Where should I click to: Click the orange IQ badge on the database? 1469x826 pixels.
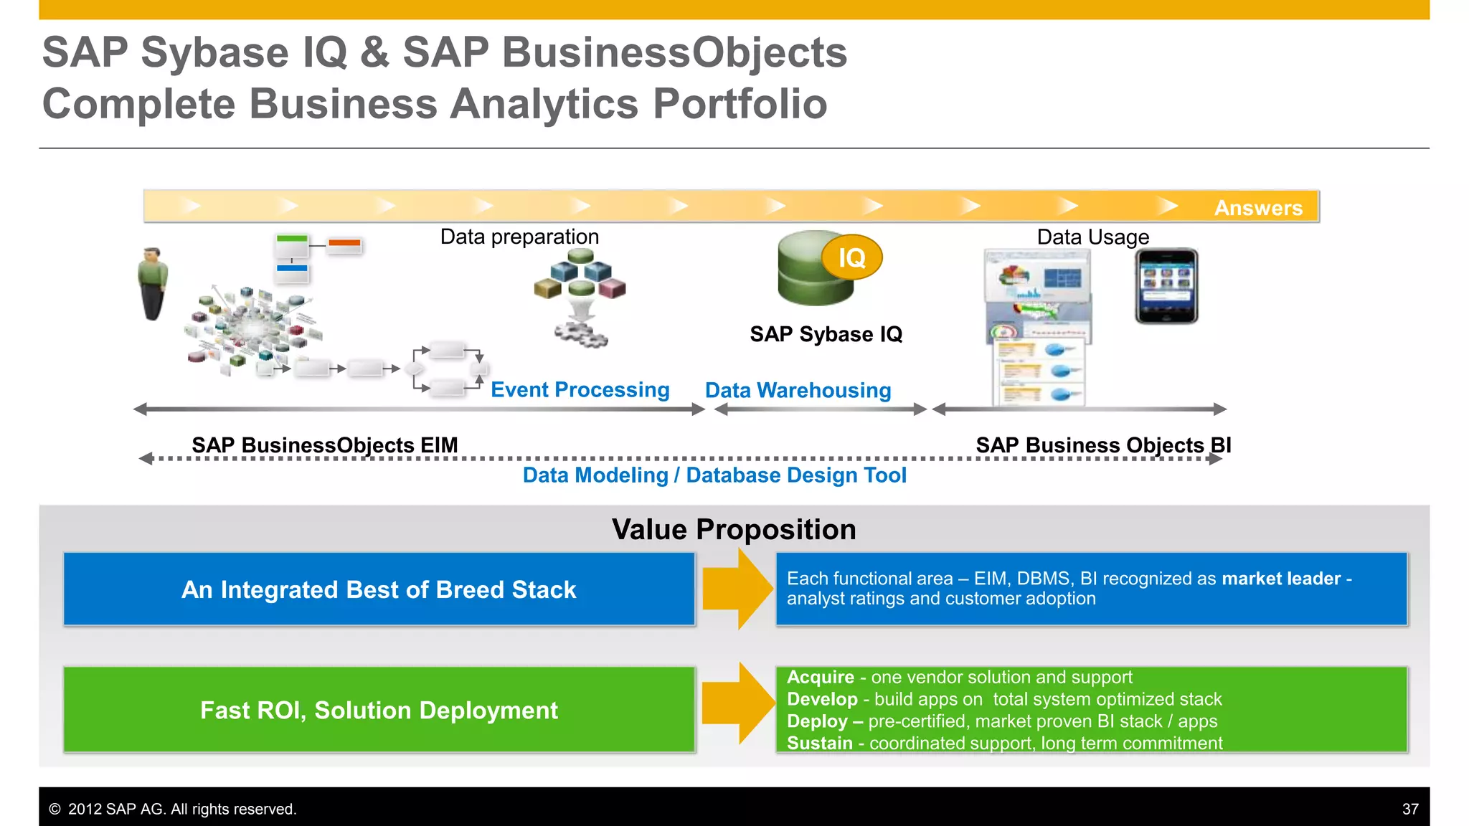tap(851, 257)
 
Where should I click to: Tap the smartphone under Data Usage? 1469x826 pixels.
tap(1166, 286)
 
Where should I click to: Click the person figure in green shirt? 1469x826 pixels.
tap(152, 284)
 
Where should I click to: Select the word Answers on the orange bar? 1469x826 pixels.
tap(1258, 208)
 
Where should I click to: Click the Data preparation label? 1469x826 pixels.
tap(519, 237)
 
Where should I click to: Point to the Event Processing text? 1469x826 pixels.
tap(580, 389)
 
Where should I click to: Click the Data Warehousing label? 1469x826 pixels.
tap(798, 390)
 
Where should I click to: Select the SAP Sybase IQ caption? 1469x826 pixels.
tap(826, 334)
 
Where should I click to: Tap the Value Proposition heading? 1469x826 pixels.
tap(734, 529)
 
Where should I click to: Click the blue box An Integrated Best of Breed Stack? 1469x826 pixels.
tap(379, 589)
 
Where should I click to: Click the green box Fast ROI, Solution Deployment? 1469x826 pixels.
tap(379, 710)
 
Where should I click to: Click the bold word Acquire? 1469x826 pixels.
tap(820, 677)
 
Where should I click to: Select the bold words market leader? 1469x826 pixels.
tap(1281, 579)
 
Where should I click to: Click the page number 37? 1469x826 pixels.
tap(1409, 809)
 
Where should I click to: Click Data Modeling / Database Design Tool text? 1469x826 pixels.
tap(714, 475)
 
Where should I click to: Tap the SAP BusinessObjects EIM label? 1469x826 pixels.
tap(324, 445)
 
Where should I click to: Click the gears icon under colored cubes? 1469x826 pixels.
tap(580, 334)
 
